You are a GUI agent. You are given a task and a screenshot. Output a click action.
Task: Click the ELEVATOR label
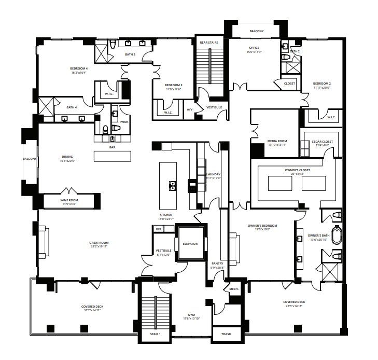click(190, 243)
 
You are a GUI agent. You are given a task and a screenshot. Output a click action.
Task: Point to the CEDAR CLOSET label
click(321, 141)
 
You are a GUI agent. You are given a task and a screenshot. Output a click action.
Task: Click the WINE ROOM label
click(69, 200)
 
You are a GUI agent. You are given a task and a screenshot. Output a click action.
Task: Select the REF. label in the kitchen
click(158, 229)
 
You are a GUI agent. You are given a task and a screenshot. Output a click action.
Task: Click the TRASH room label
click(226, 335)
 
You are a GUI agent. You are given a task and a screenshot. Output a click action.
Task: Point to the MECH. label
click(234, 288)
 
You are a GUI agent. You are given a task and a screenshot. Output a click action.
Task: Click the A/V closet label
click(190, 109)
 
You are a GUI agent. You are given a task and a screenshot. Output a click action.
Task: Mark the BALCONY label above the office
click(256, 31)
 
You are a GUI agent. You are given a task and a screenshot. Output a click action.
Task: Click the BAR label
click(111, 147)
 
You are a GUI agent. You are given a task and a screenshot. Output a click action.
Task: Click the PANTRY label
click(217, 264)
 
